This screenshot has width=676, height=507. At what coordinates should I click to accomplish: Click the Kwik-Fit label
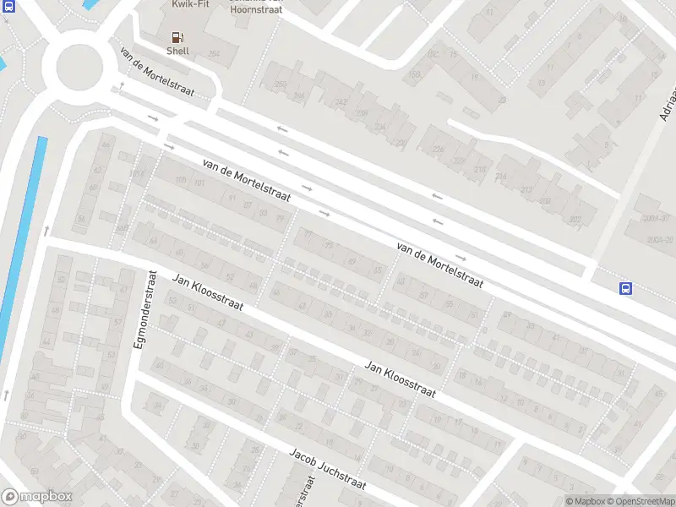pos(191,4)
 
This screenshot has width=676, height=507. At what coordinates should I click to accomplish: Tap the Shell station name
pos(177,52)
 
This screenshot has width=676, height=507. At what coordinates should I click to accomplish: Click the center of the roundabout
pos(79,65)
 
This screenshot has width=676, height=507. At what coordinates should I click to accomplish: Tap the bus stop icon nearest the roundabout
pos(8,6)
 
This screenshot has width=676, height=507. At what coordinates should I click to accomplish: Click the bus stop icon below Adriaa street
pos(626,288)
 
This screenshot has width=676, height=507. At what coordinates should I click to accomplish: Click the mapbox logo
pos(37,497)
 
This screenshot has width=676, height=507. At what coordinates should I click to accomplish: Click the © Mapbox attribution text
pos(585,501)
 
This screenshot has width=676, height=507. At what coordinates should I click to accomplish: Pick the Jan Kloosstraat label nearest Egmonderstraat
pos(208,292)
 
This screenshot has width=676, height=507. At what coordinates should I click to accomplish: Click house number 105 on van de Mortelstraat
pos(180,180)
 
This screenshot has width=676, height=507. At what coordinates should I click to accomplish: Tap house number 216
pos(479,171)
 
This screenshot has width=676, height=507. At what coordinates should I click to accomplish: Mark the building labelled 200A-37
pos(656,218)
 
